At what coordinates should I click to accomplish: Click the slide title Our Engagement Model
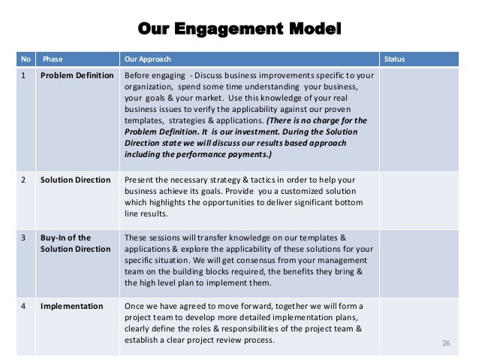[239, 31]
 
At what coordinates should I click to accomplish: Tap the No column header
[26, 59]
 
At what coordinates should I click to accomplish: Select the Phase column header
[53, 59]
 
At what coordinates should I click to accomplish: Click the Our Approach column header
[148, 59]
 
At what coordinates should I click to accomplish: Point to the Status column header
[394, 59]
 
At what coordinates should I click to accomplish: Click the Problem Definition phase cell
[77, 77]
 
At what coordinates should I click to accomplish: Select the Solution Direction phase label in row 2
[75, 180]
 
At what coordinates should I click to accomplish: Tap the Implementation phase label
[72, 307]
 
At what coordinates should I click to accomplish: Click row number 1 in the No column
[25, 77]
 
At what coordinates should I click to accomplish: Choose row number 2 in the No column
[25, 180]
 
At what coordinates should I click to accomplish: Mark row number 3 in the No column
[25, 237]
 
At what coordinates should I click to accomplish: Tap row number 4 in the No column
[25, 307]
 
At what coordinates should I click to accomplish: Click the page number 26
[446, 343]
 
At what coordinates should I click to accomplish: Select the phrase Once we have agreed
[164, 307]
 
